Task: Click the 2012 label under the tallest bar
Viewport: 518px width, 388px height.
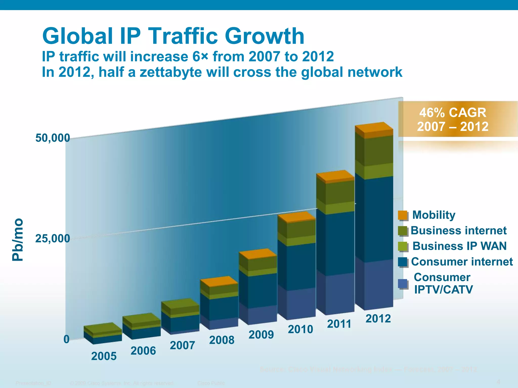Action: [378, 319]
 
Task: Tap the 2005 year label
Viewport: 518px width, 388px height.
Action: [104, 356]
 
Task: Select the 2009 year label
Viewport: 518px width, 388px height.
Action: [261, 335]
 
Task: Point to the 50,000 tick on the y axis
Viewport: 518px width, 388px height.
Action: [53, 138]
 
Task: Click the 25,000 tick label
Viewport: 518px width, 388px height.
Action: [53, 238]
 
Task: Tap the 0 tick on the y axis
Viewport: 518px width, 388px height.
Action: [66, 339]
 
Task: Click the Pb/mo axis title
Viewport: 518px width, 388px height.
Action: [18, 239]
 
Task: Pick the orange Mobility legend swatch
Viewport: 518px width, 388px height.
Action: [403, 215]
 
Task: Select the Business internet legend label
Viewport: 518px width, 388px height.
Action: [458, 230]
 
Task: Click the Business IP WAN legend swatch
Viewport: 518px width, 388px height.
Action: [403, 246]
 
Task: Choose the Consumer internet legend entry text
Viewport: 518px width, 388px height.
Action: [462, 262]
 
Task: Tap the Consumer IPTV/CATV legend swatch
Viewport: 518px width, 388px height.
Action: [403, 284]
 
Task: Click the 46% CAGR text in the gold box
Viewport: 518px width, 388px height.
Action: [453, 113]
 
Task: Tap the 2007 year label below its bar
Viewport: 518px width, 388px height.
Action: [182, 345]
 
